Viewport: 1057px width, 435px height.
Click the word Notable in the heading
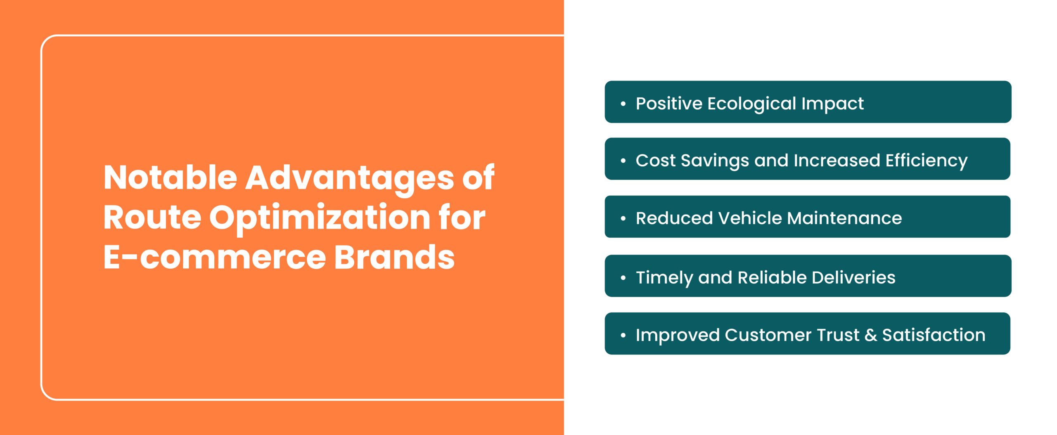[170, 177]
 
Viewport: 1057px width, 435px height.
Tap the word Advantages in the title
[350, 179]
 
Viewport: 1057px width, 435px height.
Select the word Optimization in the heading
[320, 219]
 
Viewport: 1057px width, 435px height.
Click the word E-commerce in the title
[215, 257]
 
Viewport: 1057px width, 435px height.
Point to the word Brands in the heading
[394, 257]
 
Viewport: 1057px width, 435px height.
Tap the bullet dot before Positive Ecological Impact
[623, 103]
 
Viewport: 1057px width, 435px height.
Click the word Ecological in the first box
[751, 104]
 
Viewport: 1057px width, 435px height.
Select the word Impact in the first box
[832, 104]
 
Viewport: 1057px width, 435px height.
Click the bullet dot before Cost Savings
[623, 160]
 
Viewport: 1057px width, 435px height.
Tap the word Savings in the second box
[715, 161]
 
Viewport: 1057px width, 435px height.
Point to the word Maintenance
[844, 218]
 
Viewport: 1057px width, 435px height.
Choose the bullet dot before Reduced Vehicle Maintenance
[623, 218]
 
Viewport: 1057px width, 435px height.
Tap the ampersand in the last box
[871, 335]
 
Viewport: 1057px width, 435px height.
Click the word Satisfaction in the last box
[934, 335]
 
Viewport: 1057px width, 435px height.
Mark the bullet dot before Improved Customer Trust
[623, 335]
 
